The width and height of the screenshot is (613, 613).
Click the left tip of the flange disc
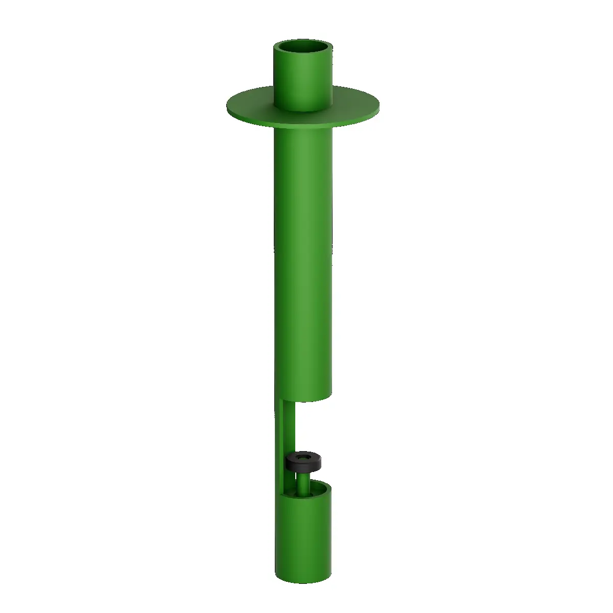(228, 107)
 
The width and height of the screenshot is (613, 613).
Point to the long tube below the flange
(303, 255)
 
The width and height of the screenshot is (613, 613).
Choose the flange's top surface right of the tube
(355, 105)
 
